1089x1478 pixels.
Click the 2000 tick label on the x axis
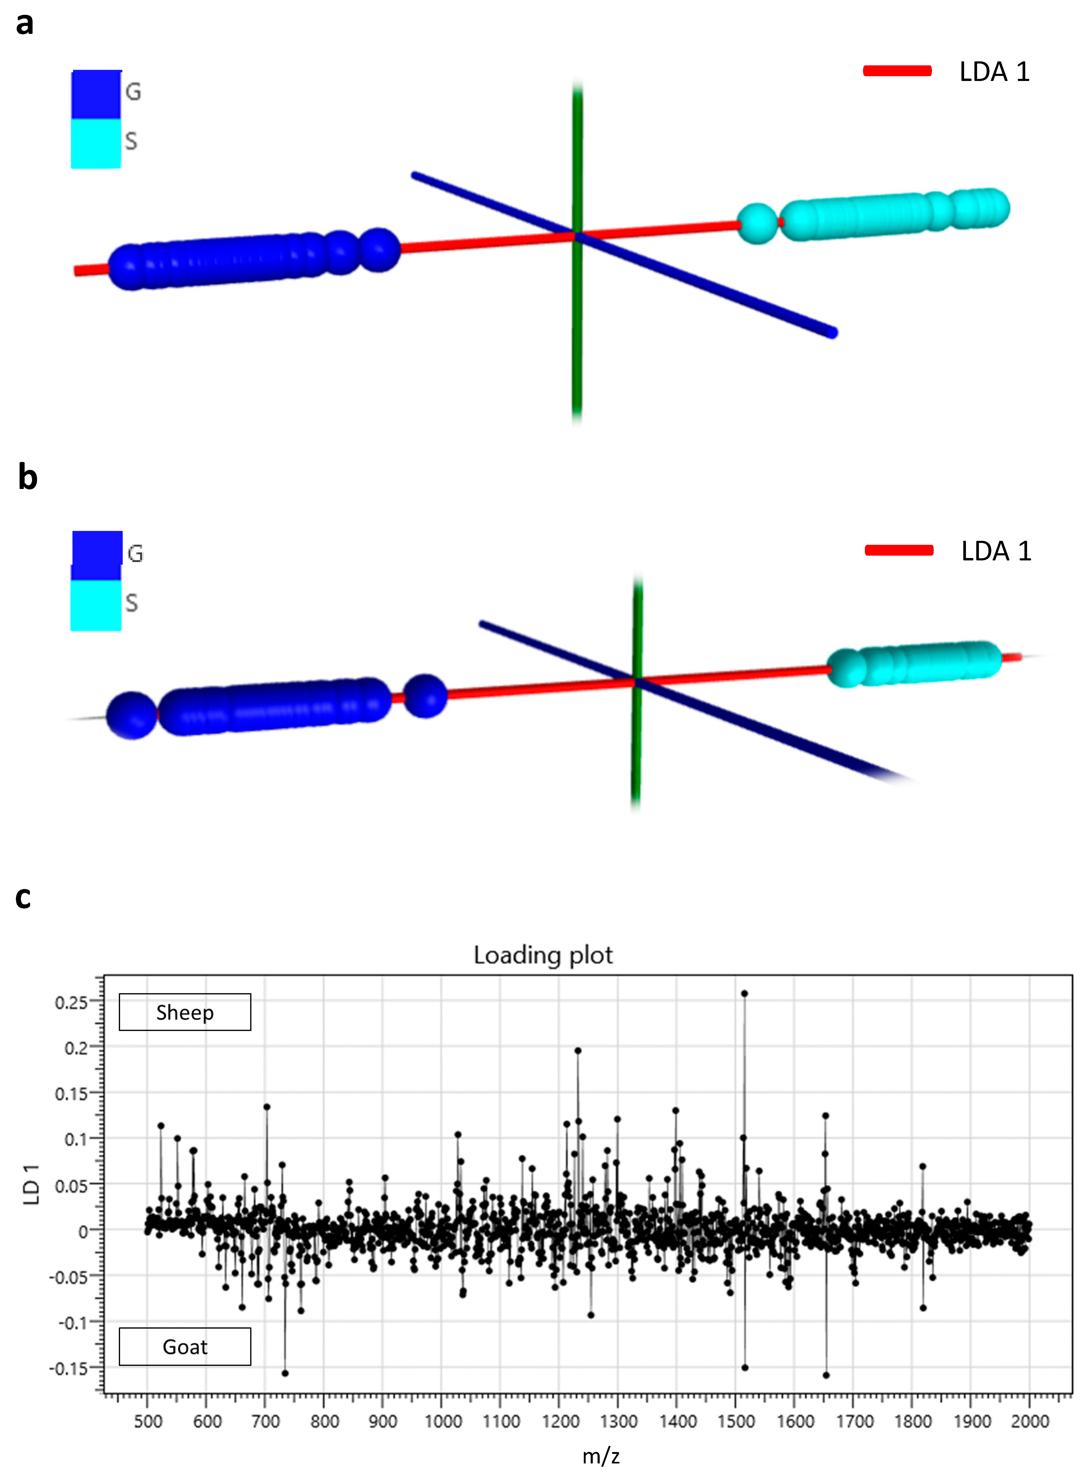[1030, 1421]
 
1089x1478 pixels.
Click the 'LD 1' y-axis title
[31, 1184]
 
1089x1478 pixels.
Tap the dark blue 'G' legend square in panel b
[97, 555]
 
